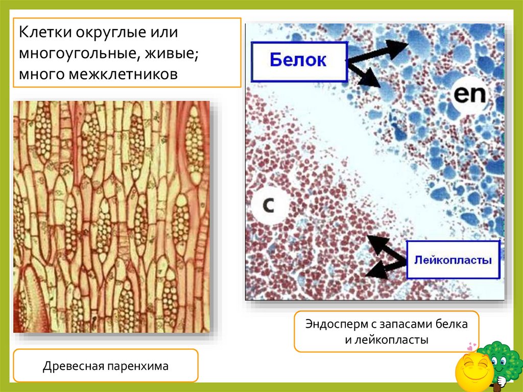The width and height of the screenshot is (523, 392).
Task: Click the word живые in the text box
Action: click(x=168, y=54)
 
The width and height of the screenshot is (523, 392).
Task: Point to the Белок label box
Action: click(x=299, y=61)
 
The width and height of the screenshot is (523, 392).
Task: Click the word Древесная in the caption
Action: click(x=73, y=366)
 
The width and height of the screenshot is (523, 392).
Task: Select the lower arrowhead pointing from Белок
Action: click(x=375, y=82)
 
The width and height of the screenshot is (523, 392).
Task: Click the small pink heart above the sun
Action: click(x=471, y=347)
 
